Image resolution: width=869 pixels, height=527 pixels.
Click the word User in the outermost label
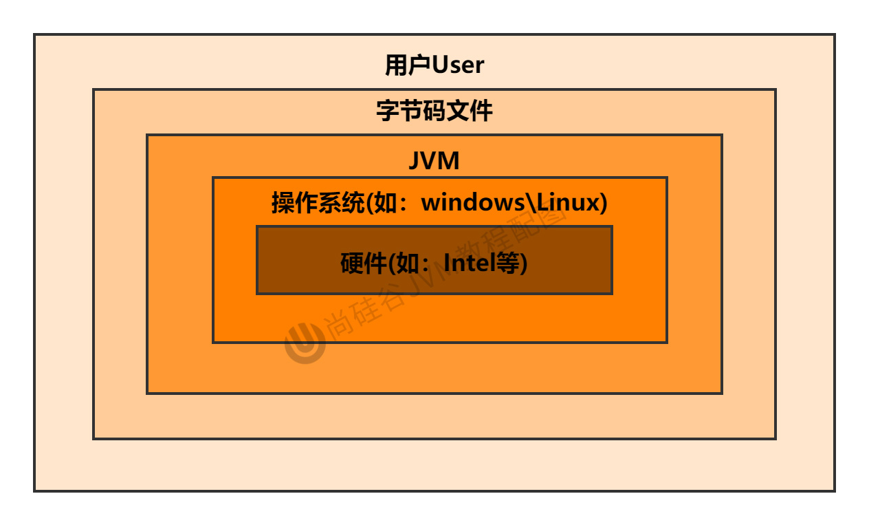coord(458,65)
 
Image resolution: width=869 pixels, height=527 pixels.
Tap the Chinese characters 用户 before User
coord(408,65)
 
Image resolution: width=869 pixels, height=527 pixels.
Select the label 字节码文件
coord(434,111)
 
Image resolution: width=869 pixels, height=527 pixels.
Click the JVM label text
coord(434,161)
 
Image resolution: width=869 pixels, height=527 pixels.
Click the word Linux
coord(567,203)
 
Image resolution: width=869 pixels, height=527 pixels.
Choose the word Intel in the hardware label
coord(470,263)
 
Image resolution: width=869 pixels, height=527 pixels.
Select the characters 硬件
coord(364,263)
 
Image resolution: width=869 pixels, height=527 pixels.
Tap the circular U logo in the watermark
coord(305,342)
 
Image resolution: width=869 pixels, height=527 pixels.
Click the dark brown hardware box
coord(434,282)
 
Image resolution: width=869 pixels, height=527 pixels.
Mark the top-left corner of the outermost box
coord(34,34)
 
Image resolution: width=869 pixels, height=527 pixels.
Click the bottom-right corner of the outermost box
coord(834,491)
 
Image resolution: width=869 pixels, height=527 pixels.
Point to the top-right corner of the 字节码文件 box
coord(775,89)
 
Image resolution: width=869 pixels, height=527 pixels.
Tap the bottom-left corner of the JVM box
coord(147,393)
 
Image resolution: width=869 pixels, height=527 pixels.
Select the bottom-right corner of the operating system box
coord(666,342)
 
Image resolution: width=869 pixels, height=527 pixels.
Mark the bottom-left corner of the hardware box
coord(257,293)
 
